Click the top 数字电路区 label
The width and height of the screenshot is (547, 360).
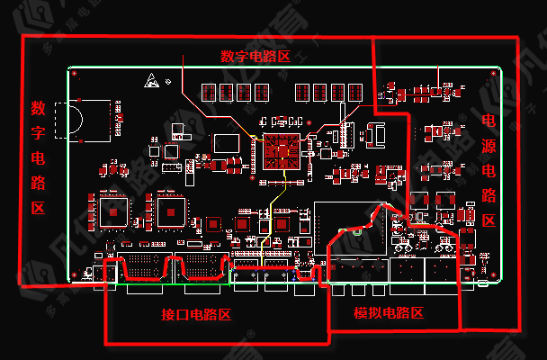[x=256, y=56]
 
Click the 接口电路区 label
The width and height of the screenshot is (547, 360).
[x=196, y=315]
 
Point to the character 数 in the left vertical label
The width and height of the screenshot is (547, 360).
[x=39, y=109]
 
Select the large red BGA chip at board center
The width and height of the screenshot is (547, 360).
[x=278, y=150]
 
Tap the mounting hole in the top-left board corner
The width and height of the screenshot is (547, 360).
[x=76, y=74]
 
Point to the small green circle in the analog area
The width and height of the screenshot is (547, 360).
[x=359, y=230]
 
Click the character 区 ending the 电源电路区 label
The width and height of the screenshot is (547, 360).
[x=489, y=220]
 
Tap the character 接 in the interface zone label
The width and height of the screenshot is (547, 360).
[x=167, y=315]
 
